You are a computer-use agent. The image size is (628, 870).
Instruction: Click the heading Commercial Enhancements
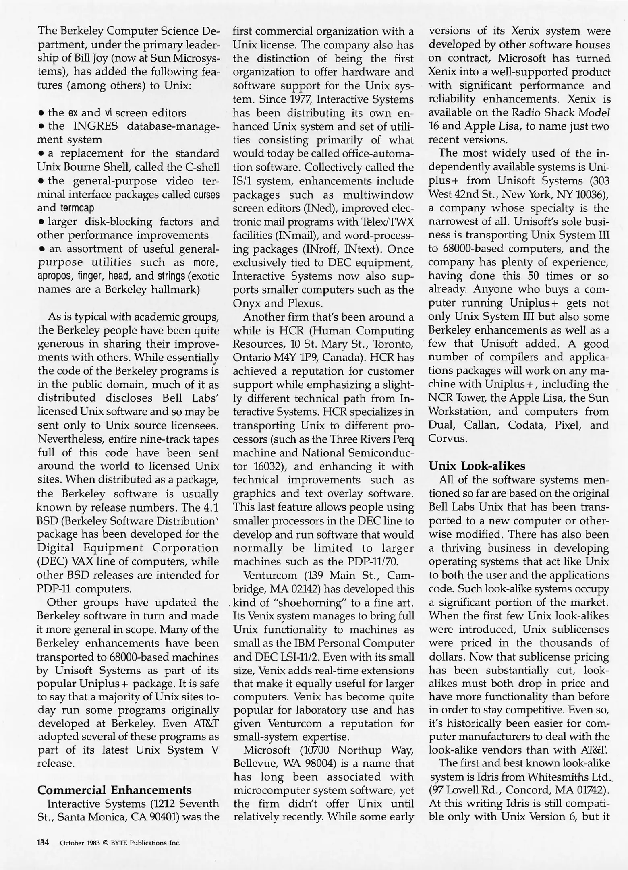pyautogui.click(x=114, y=790)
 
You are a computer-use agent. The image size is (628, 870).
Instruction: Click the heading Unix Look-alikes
pyautogui.click(x=477, y=466)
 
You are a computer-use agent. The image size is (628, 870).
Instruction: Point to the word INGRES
pyautogui.click(x=95, y=126)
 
